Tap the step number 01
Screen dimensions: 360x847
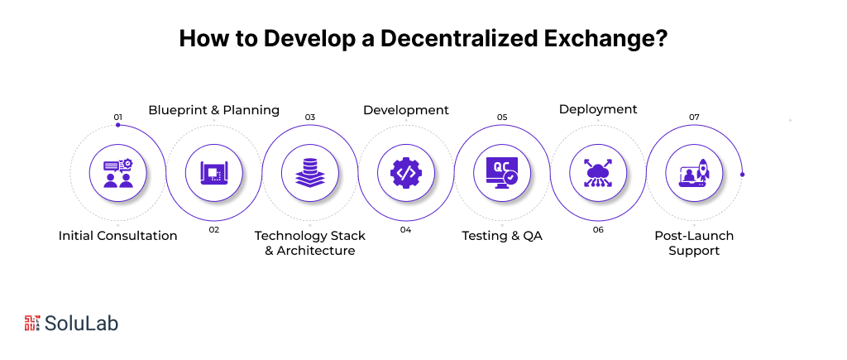(118, 117)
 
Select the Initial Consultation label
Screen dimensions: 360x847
(118, 236)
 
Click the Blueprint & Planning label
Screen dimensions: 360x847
(214, 110)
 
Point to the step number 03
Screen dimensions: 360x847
(310, 117)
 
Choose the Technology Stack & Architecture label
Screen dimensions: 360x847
(310, 243)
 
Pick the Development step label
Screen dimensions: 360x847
(406, 110)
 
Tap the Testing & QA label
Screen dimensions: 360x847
(502, 236)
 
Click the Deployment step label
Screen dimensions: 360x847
(598, 109)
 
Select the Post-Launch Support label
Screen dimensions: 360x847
(694, 243)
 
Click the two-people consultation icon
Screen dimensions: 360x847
(118, 173)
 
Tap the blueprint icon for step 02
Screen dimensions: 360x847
(214, 173)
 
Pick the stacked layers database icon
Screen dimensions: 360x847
(310, 173)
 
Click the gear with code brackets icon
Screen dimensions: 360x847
(406, 173)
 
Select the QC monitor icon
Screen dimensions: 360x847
(502, 173)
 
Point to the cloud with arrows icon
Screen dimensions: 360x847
(598, 173)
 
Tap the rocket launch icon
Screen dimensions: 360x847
(694, 173)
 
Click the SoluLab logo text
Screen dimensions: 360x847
(82, 324)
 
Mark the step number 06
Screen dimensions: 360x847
(598, 229)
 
